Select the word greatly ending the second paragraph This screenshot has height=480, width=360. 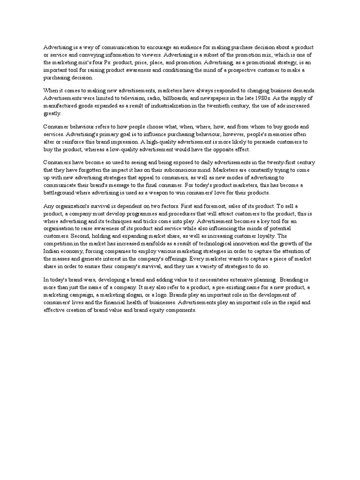[x=52, y=113]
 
